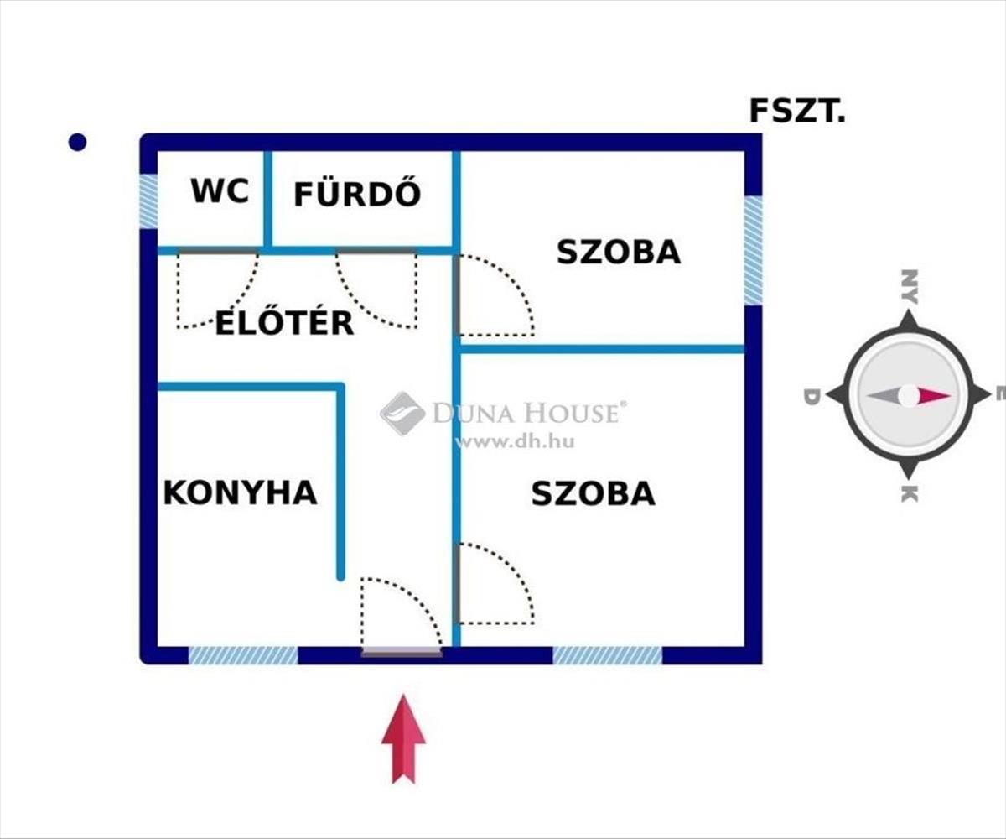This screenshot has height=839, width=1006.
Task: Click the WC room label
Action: (220, 191)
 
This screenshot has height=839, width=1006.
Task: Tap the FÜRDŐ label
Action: (357, 194)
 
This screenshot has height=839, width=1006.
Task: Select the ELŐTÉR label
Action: (284, 322)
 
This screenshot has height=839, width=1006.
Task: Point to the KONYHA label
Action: (241, 492)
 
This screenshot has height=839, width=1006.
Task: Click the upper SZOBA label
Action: (619, 252)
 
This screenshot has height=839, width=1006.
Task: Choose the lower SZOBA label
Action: (594, 493)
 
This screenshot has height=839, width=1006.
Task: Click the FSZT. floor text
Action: (797, 111)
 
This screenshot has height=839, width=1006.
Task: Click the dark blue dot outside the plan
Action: (77, 143)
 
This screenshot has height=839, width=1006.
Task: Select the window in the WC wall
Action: (148, 201)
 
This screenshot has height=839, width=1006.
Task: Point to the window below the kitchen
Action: (243, 655)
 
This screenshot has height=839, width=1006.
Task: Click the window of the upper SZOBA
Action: (754, 250)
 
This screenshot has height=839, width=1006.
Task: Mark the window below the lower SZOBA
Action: (607, 655)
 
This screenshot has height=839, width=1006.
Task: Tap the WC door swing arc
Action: (216, 289)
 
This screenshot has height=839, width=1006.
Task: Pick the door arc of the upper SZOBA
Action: (495, 296)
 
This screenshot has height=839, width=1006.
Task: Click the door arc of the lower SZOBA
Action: (495, 584)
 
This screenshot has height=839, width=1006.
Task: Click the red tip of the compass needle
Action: (936, 395)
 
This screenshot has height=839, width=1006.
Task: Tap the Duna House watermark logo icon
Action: (402, 414)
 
